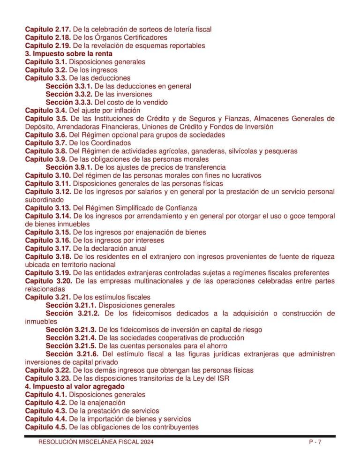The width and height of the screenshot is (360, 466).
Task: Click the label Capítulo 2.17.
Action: click(48, 29)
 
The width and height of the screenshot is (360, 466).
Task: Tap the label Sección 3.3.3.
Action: click(69, 102)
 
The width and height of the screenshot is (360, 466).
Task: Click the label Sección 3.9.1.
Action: click(69, 167)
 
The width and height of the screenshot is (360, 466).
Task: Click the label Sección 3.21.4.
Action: click(71, 338)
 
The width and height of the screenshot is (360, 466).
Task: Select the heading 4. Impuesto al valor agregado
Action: click(75, 386)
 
